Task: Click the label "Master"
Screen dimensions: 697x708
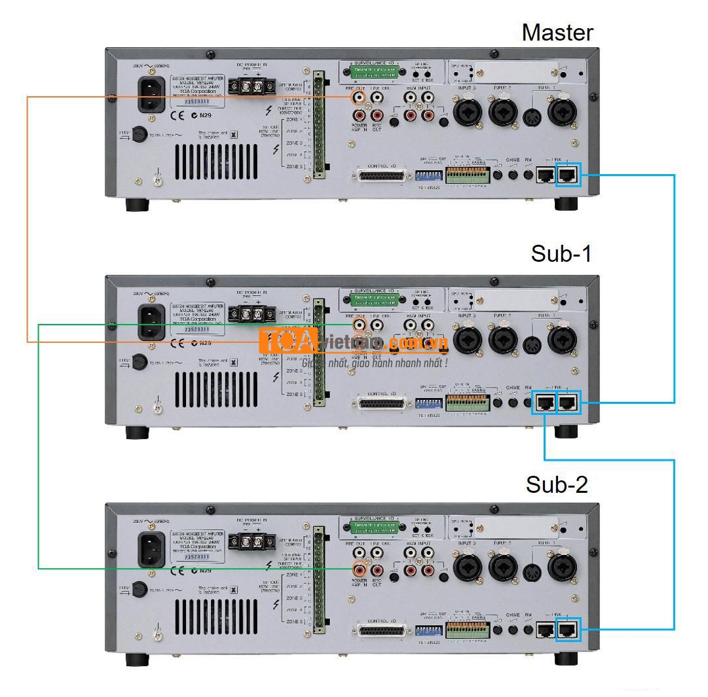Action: point(557,32)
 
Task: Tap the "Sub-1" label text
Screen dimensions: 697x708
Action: point(561,254)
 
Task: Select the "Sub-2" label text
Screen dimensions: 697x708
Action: point(557,485)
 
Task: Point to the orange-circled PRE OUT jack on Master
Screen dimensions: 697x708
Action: point(359,98)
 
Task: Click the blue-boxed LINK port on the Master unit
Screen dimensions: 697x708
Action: point(568,174)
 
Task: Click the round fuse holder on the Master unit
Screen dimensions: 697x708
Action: point(139,135)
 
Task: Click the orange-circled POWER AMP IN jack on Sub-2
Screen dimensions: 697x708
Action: point(359,568)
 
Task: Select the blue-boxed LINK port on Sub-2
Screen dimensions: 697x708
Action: point(568,629)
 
